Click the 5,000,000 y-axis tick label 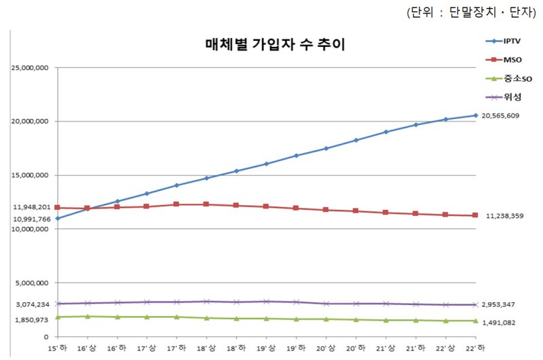point(31,283)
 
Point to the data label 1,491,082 point(502,323)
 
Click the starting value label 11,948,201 point(28,207)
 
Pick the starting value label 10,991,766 point(28,219)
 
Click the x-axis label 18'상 point(207,348)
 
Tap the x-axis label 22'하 point(474,348)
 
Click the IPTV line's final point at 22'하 point(474,115)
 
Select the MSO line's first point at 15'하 point(58,208)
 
